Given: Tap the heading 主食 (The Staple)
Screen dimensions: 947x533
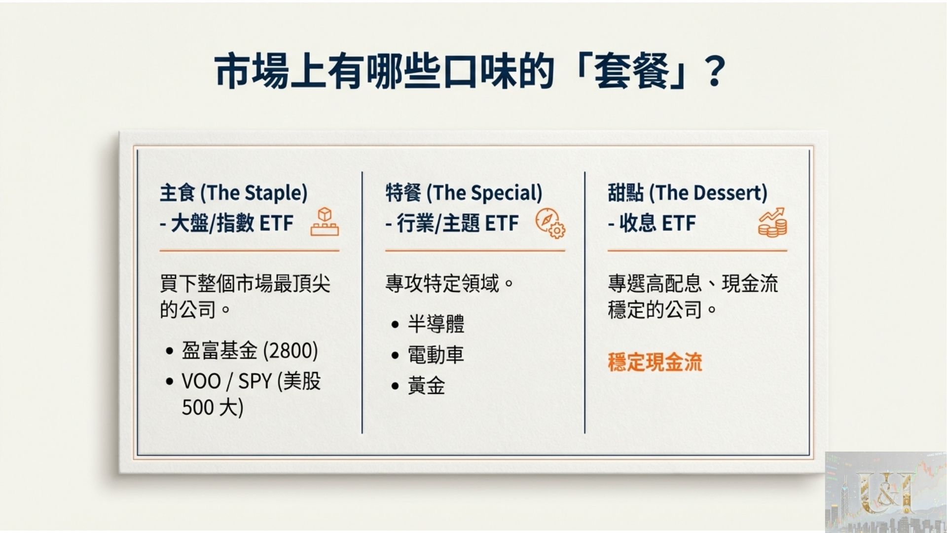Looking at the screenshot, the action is (233, 192).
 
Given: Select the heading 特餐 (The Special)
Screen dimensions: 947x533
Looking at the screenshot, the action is (464, 192).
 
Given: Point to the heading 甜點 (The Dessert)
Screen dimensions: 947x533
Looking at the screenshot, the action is (687, 192).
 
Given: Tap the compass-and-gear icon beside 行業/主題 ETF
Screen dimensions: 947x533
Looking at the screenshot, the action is (550, 223).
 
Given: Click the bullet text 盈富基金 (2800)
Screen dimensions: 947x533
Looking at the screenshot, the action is (250, 351).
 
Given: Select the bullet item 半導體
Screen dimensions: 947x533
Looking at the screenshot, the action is (436, 324).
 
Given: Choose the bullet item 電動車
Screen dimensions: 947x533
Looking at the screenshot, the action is (436, 355).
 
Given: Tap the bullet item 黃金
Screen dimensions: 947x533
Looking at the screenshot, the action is (426, 385).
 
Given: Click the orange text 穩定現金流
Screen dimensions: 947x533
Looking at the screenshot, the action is (655, 362).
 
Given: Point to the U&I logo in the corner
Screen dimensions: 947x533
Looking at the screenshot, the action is (885, 492).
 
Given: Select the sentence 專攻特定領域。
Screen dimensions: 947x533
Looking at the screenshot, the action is (450, 284).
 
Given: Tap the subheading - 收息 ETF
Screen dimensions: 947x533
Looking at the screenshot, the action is (652, 224).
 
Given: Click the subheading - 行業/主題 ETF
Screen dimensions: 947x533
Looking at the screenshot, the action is (452, 224).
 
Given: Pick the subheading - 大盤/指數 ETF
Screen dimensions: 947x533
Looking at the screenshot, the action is (226, 224).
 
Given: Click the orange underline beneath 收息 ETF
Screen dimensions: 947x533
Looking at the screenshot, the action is (697, 251).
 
